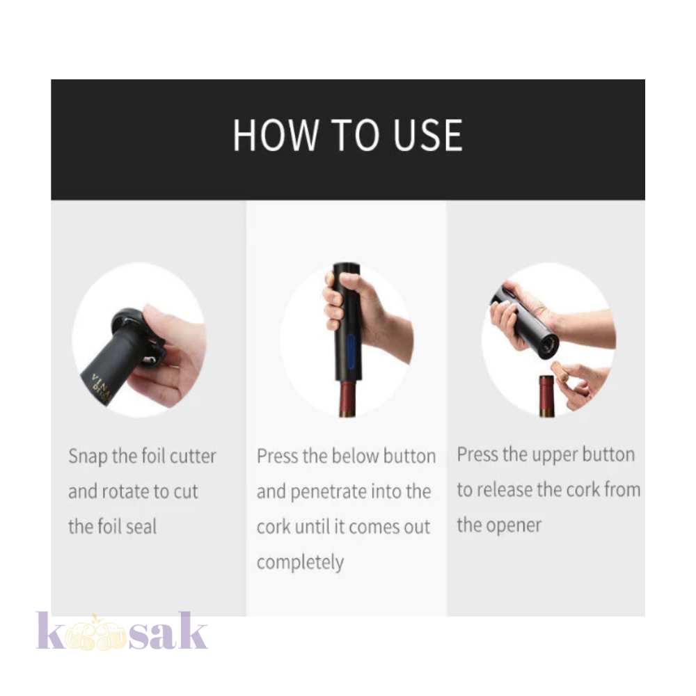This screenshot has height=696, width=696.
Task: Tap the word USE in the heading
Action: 428,135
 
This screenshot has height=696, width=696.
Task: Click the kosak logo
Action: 122,631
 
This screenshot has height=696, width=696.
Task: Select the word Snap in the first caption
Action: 88,457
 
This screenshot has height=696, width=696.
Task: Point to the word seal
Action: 141,526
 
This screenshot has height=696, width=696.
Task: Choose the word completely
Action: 300,563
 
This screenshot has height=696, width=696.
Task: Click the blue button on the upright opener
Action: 351,351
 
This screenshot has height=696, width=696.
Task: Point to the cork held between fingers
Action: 560,372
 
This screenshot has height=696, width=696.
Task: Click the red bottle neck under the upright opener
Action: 348,397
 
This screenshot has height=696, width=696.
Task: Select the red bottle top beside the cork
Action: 547,396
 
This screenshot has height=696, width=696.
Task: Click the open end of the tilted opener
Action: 548,346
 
